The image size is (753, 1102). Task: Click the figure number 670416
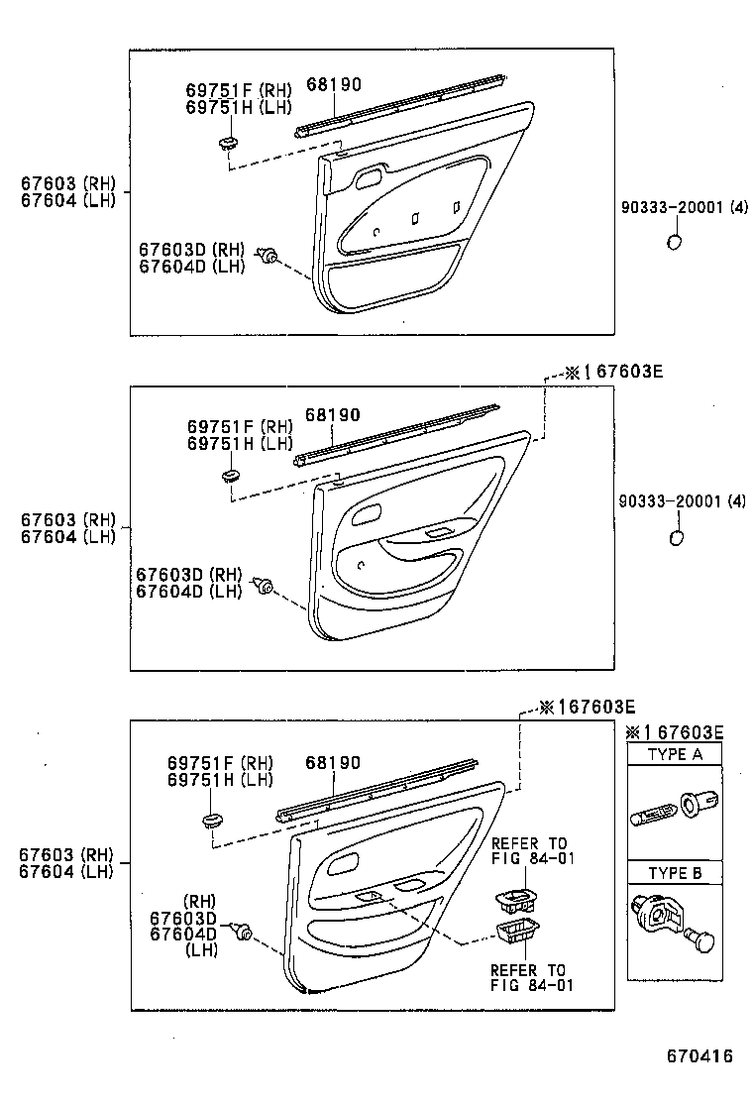[699, 1056]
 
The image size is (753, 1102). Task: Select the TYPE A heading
[675, 754]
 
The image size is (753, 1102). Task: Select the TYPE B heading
[675, 873]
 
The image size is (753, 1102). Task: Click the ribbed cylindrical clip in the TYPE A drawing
[654, 816]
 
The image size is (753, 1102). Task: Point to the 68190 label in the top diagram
[333, 84]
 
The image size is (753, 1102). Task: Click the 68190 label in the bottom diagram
[333, 763]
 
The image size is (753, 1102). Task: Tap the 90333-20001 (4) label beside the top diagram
[683, 208]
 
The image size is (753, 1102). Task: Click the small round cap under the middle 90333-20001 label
[677, 537]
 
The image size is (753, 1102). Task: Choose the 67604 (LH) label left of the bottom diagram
[65, 871]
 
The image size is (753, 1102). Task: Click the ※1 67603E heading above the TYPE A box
[675, 732]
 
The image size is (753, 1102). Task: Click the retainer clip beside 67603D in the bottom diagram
[241, 932]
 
